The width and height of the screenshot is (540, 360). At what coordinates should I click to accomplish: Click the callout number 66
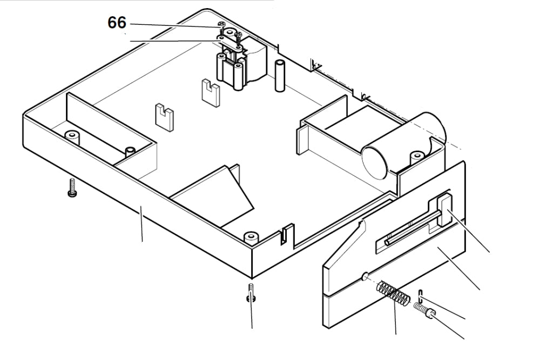click(117, 23)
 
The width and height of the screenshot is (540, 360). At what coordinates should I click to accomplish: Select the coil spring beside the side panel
click(393, 294)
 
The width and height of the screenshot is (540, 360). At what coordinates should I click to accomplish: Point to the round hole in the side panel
click(366, 276)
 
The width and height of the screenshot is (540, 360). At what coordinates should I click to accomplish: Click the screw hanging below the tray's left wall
click(71, 187)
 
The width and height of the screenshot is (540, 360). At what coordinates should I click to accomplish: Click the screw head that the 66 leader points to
click(220, 24)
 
